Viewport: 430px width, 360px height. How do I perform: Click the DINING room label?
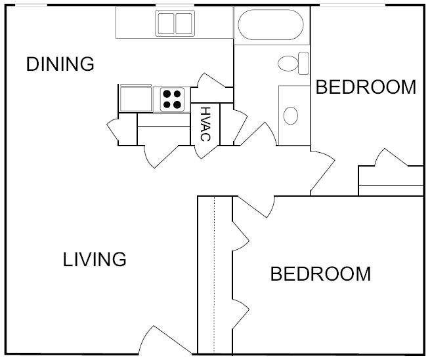tap(60, 64)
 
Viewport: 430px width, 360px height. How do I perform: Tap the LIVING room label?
tap(95, 259)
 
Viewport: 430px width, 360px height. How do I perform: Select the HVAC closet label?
tap(205, 124)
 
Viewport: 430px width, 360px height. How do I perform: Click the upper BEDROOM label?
tap(366, 87)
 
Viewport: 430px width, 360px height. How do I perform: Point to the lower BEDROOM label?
tap(320, 273)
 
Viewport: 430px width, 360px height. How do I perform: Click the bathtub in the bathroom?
tap(270, 25)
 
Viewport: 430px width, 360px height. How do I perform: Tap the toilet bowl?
tap(288, 64)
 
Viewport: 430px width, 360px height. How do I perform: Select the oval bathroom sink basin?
tap(291, 115)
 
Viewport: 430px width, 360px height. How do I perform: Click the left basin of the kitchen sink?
tap(166, 24)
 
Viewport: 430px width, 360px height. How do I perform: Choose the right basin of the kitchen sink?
tap(184, 24)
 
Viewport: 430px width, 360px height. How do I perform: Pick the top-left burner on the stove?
tap(167, 94)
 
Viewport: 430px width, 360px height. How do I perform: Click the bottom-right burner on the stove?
tap(177, 104)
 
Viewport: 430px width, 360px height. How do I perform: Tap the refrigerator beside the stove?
tap(136, 98)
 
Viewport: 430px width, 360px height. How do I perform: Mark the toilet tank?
tap(303, 63)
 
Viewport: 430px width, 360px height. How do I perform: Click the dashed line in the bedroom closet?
tap(215, 275)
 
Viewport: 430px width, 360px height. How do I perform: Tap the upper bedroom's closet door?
tap(391, 157)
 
